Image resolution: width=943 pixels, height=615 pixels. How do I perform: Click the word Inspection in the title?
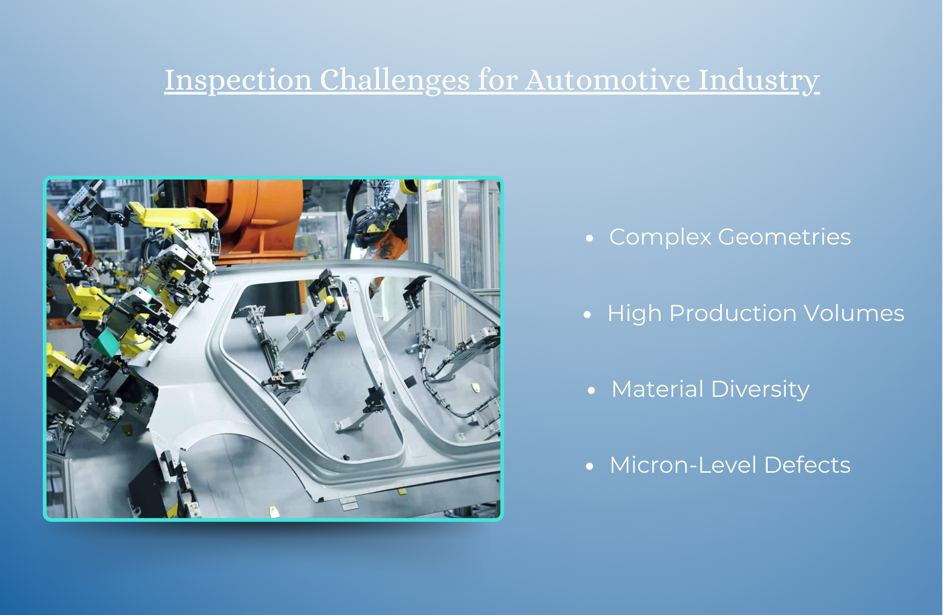pos(238,80)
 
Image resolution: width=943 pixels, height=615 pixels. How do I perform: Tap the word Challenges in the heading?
pos(394,80)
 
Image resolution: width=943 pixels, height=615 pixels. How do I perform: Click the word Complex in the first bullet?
pos(660,237)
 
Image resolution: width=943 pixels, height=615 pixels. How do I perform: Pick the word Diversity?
pos(760,390)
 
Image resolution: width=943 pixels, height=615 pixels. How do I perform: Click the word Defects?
pos(807,465)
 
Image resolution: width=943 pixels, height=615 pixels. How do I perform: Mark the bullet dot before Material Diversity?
pos(592,391)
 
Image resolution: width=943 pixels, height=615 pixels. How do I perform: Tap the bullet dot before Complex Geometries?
pos(589,239)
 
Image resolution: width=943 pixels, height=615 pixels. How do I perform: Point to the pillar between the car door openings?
pos(377,358)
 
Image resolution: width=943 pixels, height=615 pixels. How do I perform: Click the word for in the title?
pos(497,80)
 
